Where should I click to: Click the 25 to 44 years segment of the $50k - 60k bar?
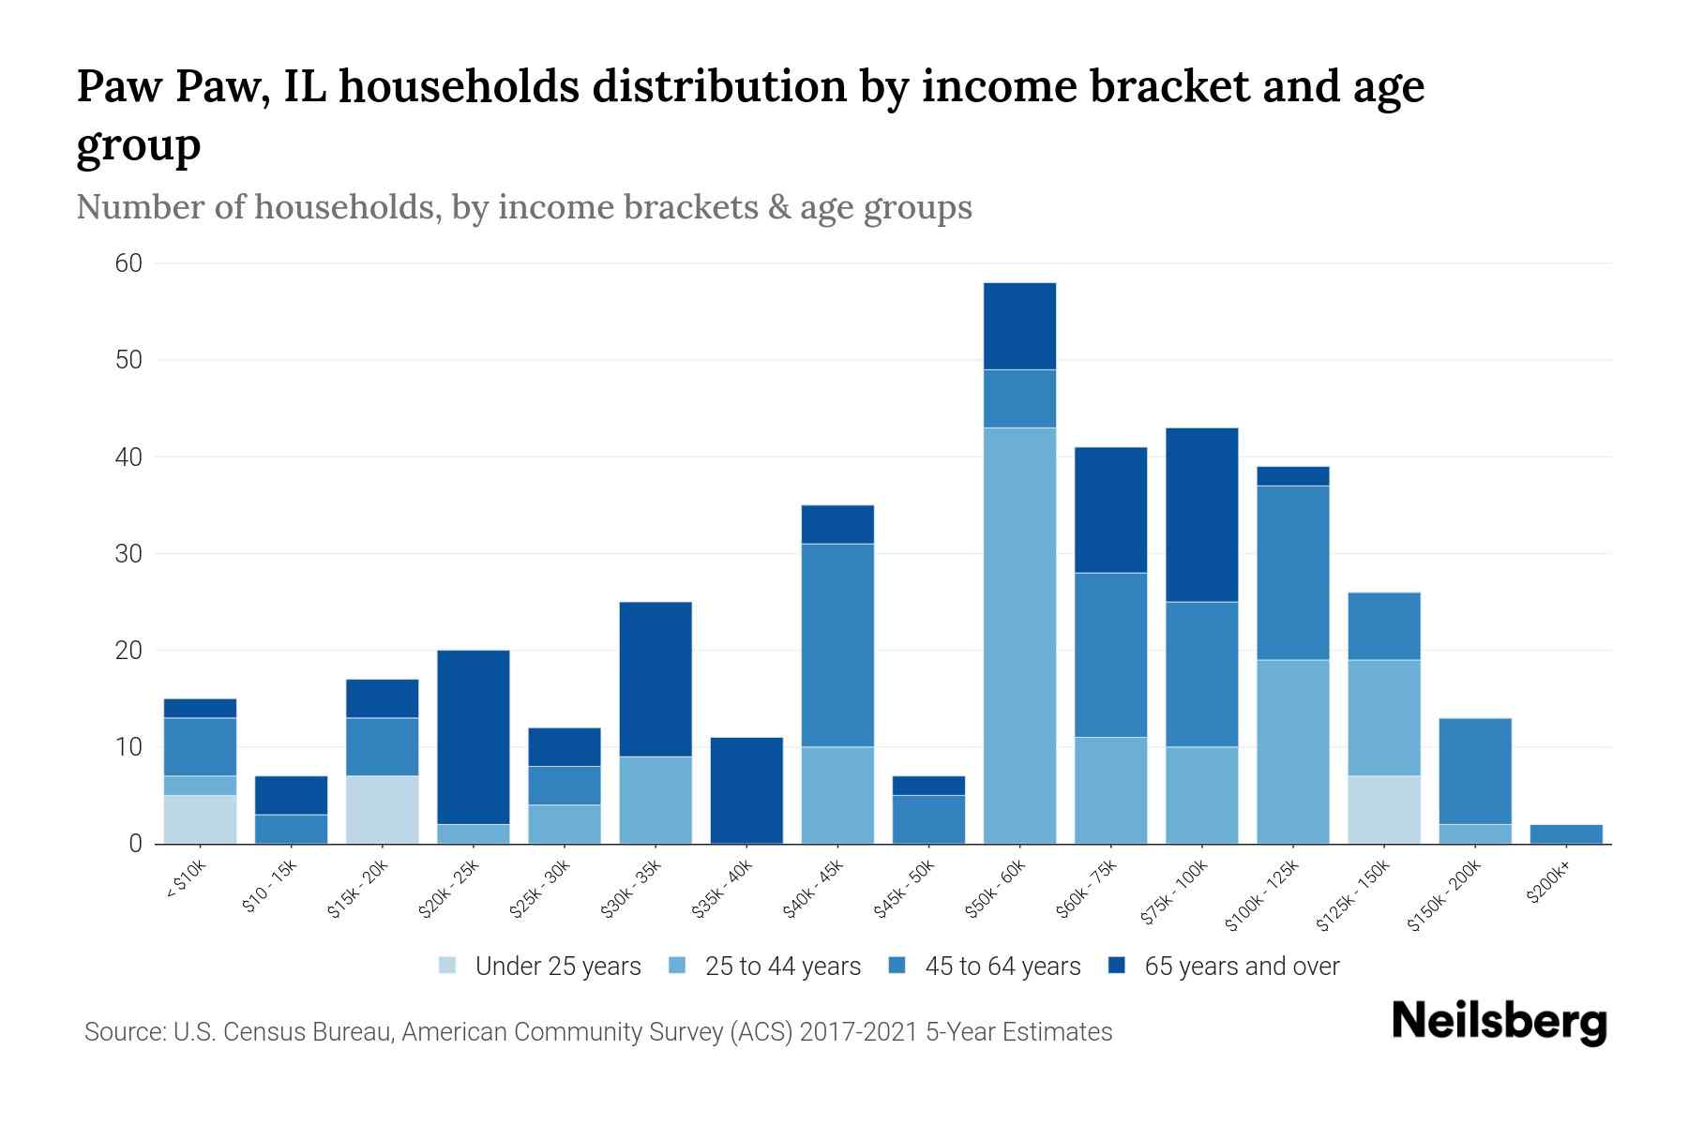[1019, 636]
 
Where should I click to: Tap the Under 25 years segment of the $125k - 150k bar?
[1384, 809]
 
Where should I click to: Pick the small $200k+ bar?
[1566, 833]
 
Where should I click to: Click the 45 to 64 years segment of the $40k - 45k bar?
[837, 645]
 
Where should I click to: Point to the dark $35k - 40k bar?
[746, 790]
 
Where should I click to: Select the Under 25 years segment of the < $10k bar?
[200, 819]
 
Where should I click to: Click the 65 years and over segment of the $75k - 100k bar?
[1201, 515]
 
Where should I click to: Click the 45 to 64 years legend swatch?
[897, 966]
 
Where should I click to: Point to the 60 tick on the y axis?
[128, 263]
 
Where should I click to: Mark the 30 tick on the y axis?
[128, 554]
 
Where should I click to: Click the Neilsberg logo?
[1499, 1022]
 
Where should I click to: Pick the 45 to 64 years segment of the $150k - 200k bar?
[1475, 771]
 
